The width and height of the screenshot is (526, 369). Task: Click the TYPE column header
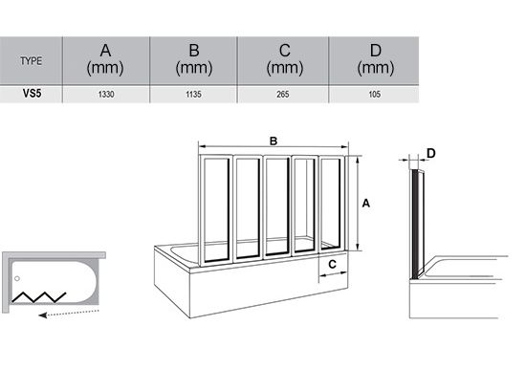(32, 61)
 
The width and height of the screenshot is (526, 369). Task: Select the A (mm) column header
(105, 59)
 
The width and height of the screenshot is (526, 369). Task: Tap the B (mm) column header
(194, 59)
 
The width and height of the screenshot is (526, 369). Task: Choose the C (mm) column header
(284, 59)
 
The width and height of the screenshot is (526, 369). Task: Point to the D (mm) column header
(376, 59)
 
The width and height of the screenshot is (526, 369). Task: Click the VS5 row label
(32, 94)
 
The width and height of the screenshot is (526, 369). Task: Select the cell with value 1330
(106, 95)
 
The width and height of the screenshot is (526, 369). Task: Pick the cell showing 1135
(193, 95)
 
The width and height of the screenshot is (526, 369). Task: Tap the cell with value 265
(283, 95)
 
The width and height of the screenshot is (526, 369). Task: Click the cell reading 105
(374, 95)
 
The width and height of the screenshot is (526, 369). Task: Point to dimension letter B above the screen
(274, 141)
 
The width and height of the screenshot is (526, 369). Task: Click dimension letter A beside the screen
(366, 203)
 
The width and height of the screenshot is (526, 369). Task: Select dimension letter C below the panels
(332, 265)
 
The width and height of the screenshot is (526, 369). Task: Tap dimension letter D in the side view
(431, 153)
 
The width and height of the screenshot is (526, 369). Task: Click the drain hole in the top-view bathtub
(17, 278)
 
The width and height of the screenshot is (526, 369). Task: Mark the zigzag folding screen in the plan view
(38, 297)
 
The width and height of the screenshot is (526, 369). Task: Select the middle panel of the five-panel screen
(276, 206)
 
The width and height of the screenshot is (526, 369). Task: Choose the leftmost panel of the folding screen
(216, 210)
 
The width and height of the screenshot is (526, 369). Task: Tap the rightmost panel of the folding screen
(331, 204)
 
